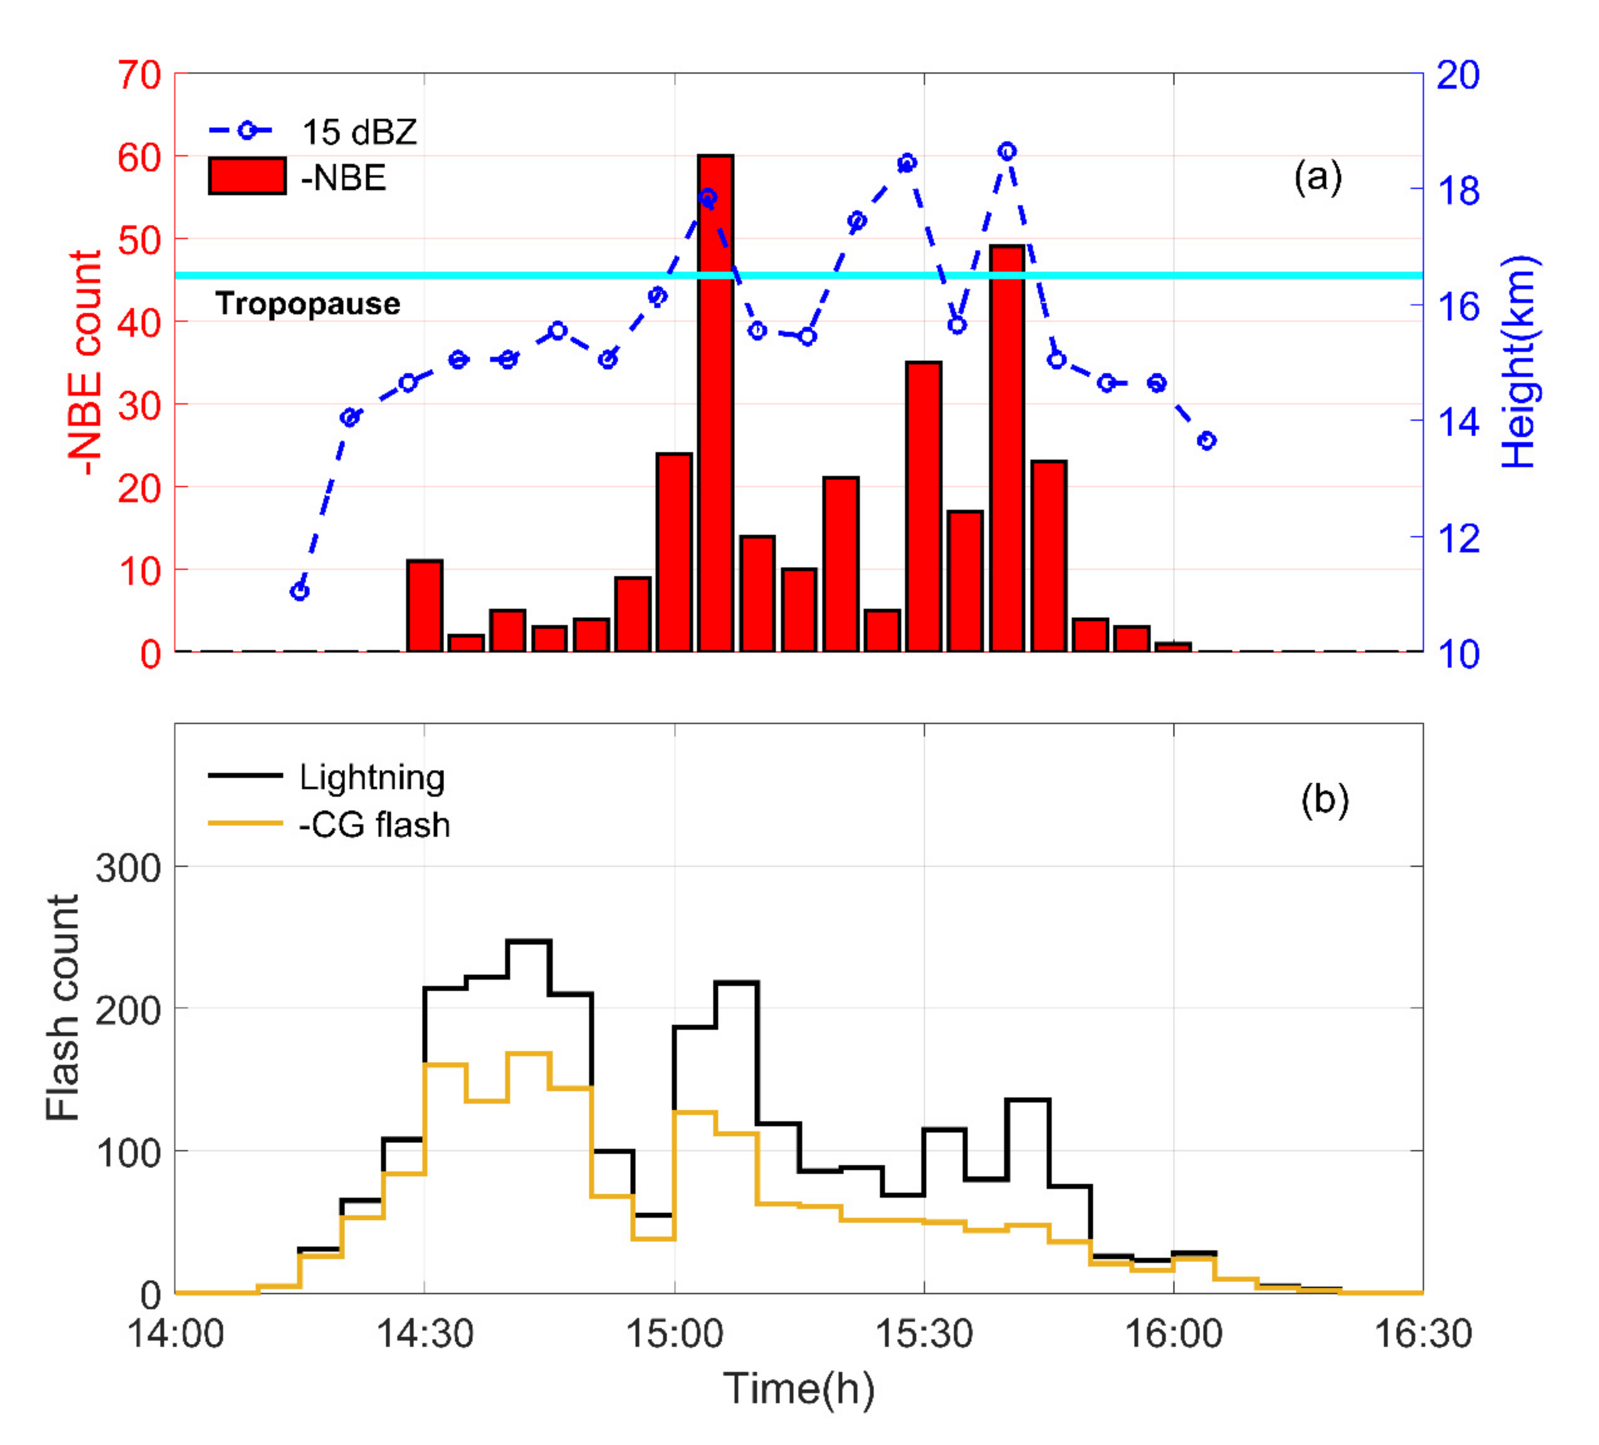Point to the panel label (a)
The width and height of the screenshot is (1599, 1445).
tap(1317, 176)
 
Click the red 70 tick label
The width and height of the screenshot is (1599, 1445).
tap(140, 76)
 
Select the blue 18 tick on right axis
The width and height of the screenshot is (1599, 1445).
tap(1458, 190)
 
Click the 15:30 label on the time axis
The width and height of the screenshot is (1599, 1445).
tap(923, 1334)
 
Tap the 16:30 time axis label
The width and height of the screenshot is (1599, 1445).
tap(1422, 1334)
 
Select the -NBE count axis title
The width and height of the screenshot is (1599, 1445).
tap(85, 363)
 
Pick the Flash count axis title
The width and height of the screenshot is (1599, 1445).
tap(63, 1007)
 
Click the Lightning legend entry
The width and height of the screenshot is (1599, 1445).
tap(371, 777)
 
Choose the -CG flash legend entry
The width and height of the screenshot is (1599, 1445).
tap(373, 825)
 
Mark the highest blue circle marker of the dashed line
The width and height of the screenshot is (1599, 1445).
tap(1007, 151)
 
